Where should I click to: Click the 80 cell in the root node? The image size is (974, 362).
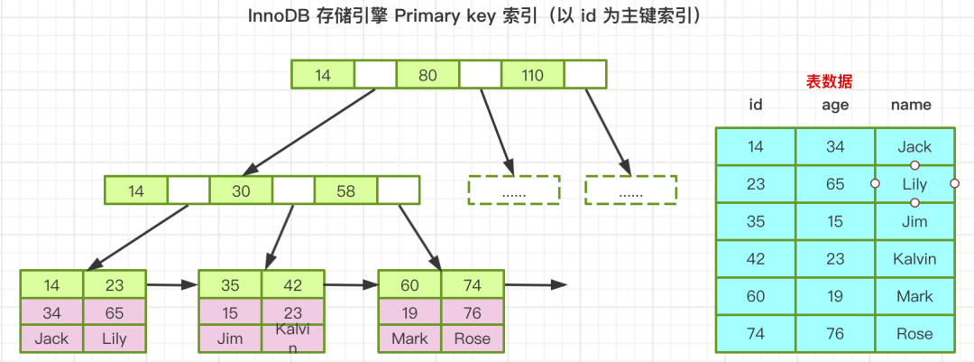click(427, 75)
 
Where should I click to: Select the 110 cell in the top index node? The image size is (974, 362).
click(532, 75)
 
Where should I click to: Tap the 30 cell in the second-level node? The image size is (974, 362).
click(241, 190)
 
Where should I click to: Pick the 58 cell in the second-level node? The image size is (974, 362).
click(345, 190)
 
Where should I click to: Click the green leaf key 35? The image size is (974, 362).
click(230, 285)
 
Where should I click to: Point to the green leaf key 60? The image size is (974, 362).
click(409, 285)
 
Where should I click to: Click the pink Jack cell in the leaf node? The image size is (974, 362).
click(51, 339)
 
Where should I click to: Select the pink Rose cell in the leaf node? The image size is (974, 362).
click(473, 339)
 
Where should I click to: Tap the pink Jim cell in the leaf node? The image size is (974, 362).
click(230, 339)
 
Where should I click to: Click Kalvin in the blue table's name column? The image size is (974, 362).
click(914, 259)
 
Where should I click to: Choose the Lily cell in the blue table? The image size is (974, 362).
click(914, 184)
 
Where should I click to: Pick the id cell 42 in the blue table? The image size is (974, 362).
click(756, 259)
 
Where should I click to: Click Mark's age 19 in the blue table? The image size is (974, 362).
click(835, 296)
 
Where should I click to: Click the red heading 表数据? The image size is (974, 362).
click(829, 81)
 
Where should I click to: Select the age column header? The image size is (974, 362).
click(835, 105)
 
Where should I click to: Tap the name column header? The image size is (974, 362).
click(911, 105)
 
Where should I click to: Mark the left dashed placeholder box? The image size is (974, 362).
click(514, 190)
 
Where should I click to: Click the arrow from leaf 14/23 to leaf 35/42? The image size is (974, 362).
click(171, 285)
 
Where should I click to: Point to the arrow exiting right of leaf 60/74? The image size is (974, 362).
click(536, 285)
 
